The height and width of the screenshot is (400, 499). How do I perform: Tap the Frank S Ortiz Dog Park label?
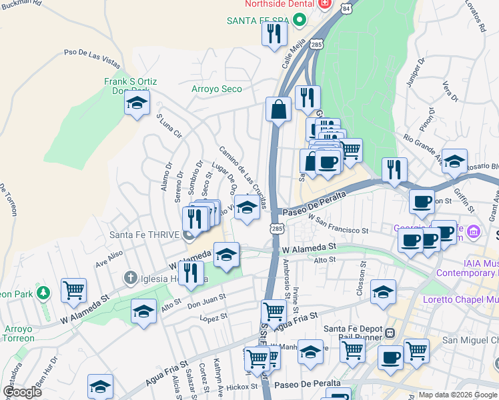coord(130,86)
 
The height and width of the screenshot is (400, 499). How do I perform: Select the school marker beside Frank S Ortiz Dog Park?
coord(137,103)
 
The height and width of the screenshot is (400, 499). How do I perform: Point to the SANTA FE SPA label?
coord(260,20)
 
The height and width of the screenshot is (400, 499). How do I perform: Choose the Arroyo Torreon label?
coord(18,333)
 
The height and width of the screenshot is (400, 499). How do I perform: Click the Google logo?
coord(23,392)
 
